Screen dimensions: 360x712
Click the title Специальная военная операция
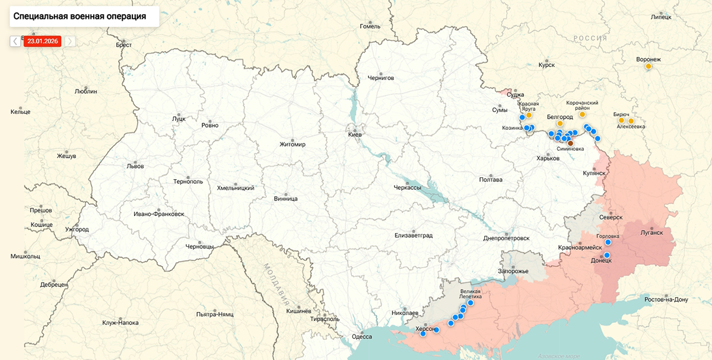[x=80, y=16]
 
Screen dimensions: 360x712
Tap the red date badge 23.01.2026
[x=42, y=41]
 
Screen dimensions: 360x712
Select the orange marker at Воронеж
[x=649, y=66]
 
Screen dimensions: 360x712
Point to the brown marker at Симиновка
[x=571, y=143]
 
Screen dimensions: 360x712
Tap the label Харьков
[x=548, y=158]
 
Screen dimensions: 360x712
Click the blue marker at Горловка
[x=608, y=243]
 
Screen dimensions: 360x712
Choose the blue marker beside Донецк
[x=607, y=255]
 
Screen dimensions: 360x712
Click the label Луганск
[x=651, y=232]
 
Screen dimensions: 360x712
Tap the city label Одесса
[x=362, y=337]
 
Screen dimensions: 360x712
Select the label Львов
[x=135, y=167]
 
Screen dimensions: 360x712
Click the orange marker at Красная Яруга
[x=529, y=116]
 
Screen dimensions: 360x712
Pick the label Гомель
[x=370, y=27]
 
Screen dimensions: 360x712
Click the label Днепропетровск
[x=506, y=238]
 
